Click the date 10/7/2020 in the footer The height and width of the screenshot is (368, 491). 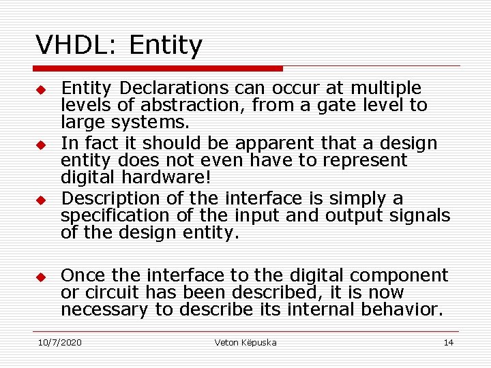(59, 342)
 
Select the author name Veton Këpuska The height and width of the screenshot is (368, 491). (245, 342)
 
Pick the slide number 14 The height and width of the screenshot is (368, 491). (448, 342)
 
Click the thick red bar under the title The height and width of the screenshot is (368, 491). (158, 69)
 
